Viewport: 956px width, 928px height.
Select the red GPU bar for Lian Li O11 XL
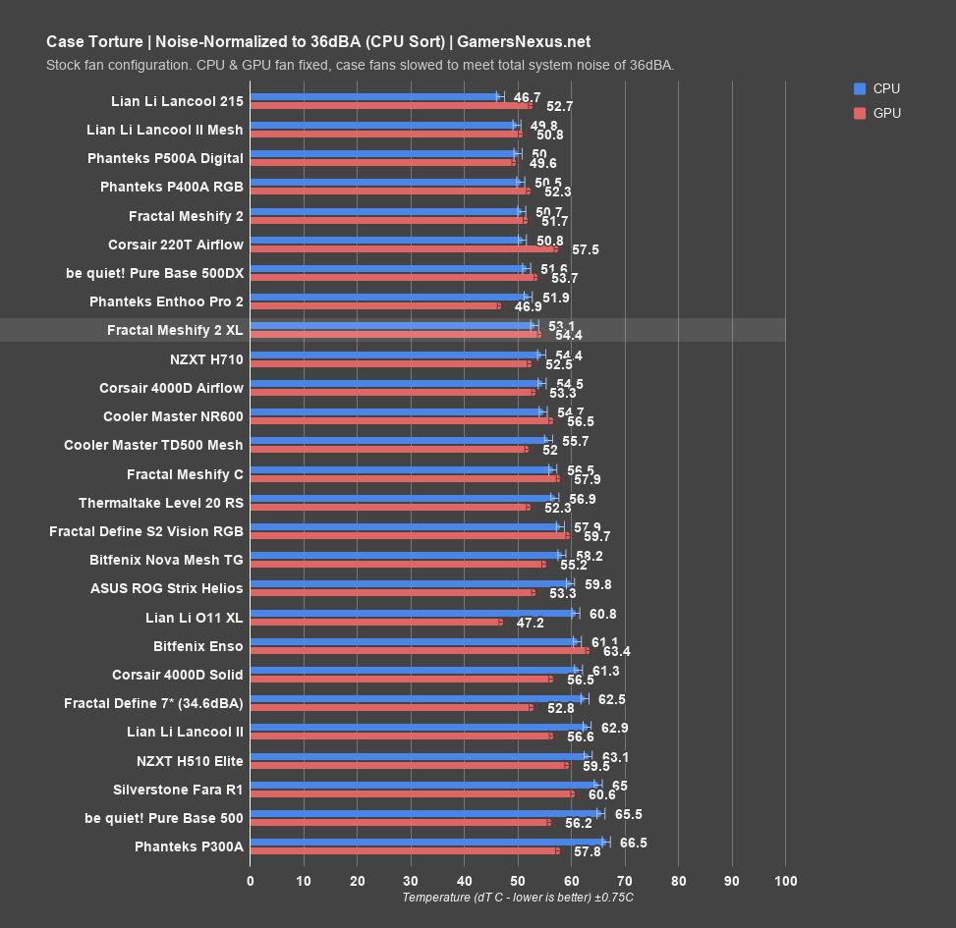[375, 622]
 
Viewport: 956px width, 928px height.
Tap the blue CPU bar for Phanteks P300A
[428, 842]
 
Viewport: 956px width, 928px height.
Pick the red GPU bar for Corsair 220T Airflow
[403, 249]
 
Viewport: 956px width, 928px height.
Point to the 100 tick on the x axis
[784, 880]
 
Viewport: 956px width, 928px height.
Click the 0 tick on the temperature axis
[251, 880]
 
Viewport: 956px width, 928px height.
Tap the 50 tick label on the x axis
[518, 880]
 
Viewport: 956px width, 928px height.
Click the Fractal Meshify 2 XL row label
[175, 331]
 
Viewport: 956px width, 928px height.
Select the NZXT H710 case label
[206, 359]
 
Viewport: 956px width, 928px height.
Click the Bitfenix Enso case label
[198, 646]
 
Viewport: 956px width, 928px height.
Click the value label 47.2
[531, 623]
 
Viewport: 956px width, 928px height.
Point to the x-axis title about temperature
[518, 898]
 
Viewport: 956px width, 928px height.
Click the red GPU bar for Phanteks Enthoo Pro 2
[374, 305]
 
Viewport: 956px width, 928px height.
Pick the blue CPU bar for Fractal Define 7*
[418, 699]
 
